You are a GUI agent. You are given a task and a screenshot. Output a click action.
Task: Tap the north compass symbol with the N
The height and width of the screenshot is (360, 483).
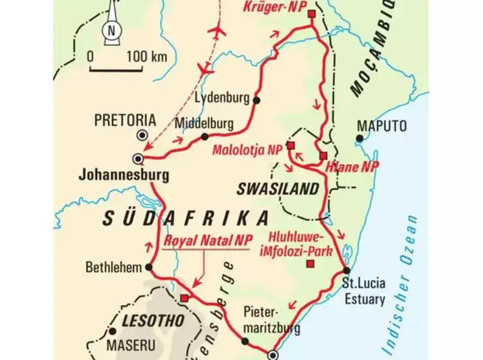click(112, 28)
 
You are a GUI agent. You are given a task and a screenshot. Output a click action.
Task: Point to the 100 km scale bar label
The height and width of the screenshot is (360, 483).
click(146, 57)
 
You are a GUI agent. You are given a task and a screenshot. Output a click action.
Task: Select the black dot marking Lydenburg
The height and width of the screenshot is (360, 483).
click(256, 100)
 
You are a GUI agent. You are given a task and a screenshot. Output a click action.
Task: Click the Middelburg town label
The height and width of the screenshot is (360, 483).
click(205, 123)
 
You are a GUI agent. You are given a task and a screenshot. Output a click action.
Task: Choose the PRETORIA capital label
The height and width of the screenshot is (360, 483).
click(124, 119)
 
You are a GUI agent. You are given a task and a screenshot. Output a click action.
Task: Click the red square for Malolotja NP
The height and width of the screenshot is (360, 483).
click(291, 145)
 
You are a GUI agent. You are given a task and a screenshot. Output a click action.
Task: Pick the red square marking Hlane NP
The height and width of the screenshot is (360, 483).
click(323, 155)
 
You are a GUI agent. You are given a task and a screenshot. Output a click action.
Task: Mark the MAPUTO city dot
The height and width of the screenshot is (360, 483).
click(359, 138)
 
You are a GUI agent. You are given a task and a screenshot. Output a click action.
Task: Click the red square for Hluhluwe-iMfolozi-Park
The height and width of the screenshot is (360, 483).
click(309, 263)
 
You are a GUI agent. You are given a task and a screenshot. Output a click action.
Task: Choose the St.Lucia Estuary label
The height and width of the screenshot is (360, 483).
click(363, 292)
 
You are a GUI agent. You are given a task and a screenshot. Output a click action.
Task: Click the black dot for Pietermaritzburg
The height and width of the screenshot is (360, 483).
click(245, 342)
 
